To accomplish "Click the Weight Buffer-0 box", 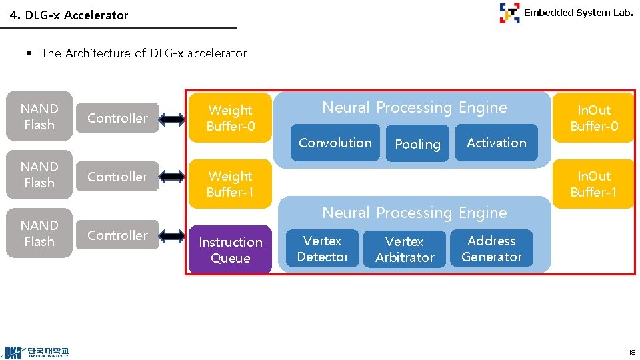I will click(x=230, y=118).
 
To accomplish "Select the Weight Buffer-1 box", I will click(x=230, y=184).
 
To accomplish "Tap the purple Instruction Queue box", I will click(x=230, y=250).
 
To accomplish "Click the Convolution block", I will click(x=335, y=143).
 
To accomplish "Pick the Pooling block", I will click(x=417, y=144).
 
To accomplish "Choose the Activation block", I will click(x=497, y=143).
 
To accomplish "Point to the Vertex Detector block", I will click(x=323, y=249).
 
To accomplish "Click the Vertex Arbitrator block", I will click(x=405, y=249).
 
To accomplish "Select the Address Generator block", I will click(x=492, y=249).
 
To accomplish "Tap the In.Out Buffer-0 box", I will click(x=593, y=118).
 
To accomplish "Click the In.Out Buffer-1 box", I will click(x=593, y=184).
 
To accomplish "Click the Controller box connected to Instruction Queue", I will click(x=117, y=235).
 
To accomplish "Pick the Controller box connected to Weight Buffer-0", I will click(x=117, y=118).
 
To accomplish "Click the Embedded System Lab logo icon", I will click(x=509, y=13).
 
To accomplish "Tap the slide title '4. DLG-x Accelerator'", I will click(x=69, y=15).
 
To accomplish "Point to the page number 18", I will click(x=631, y=351).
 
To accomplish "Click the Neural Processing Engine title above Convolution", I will click(x=414, y=107).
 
